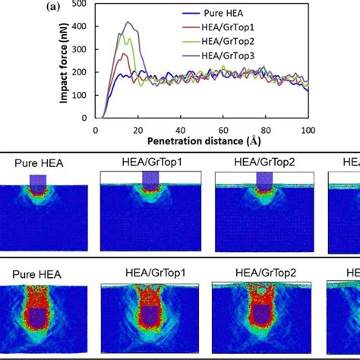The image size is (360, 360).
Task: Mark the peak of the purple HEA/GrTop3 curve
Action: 128,23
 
